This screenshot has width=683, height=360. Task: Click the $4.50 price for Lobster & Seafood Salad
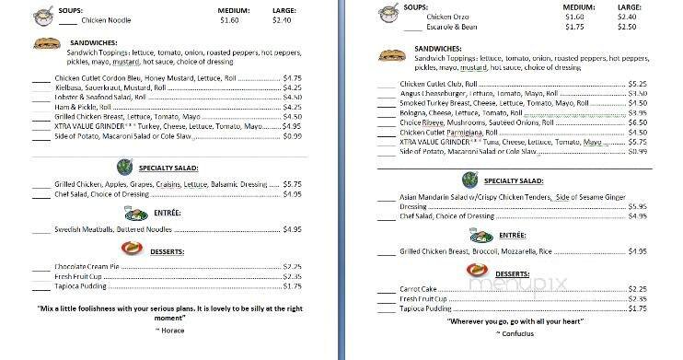(x=293, y=97)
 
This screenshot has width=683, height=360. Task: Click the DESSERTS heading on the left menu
(x=168, y=251)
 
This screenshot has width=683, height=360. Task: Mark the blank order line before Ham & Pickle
(x=41, y=107)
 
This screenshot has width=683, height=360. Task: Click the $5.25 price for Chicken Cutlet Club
(x=637, y=84)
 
